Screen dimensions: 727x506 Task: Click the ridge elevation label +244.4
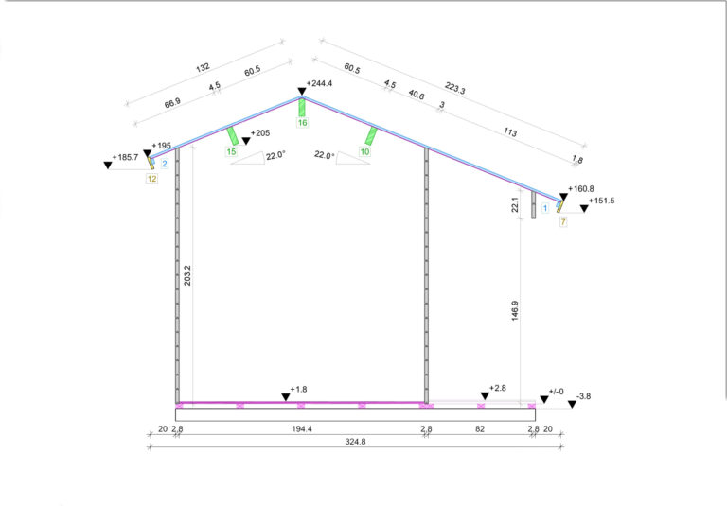point(319,83)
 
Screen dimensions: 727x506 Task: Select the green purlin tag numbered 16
point(302,123)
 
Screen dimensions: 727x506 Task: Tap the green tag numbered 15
point(231,151)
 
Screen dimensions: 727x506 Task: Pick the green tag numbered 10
point(364,151)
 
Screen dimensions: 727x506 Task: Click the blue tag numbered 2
point(165,164)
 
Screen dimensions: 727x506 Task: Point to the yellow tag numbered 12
point(151,179)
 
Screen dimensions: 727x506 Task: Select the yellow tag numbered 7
point(563,222)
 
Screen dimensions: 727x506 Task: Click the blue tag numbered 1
point(545,208)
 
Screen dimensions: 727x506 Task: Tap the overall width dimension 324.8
point(355,442)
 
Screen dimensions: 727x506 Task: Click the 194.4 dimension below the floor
point(302,429)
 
